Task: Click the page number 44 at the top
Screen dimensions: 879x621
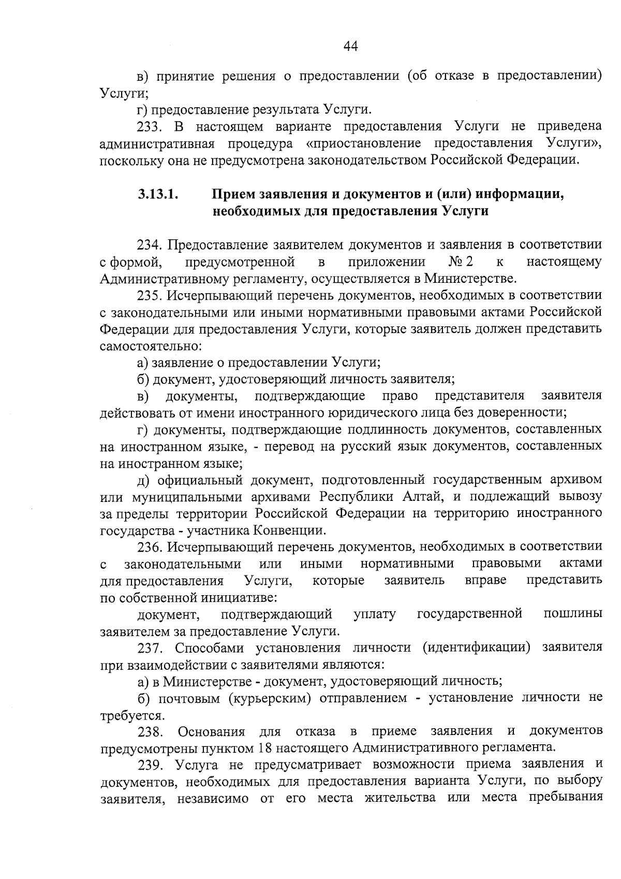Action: (350, 47)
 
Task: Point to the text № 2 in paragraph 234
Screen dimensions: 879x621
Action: (461, 262)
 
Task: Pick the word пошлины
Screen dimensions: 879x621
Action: (572, 614)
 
